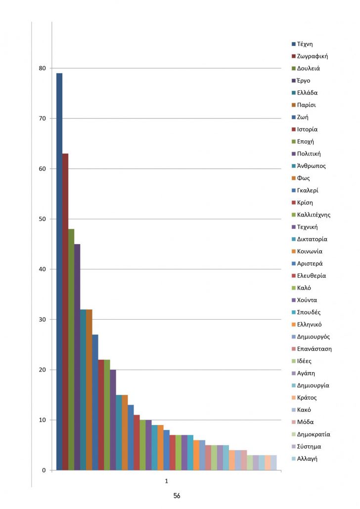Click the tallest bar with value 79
[x=59, y=272]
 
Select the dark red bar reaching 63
[x=65, y=312]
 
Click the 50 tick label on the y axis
[x=42, y=219]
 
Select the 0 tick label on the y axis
[x=44, y=470]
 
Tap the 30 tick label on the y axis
[x=42, y=320]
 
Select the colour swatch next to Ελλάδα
[x=294, y=93]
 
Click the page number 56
[x=177, y=496]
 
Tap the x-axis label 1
[x=167, y=480]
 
